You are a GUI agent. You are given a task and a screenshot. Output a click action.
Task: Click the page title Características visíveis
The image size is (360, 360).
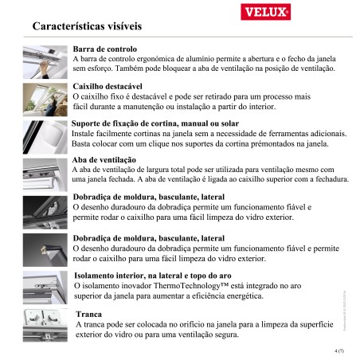pyautogui.click(x=88, y=27)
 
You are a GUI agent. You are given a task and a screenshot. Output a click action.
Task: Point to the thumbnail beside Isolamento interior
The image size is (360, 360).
pyautogui.click(x=47, y=285)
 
